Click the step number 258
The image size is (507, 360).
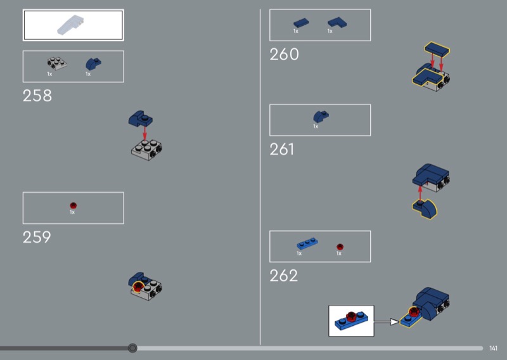point(37,96)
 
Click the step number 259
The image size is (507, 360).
point(37,237)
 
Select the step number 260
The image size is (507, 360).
point(284,55)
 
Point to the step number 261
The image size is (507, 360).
point(282,149)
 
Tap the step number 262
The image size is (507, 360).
point(283,276)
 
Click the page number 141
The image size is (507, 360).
point(493,348)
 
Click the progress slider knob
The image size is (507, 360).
point(132,348)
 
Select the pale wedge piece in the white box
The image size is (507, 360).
point(70,25)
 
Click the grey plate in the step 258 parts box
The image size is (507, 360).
point(57,63)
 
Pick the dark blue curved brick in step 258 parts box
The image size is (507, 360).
point(93,64)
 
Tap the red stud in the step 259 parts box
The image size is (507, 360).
point(74,205)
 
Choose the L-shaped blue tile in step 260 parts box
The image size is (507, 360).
point(337,23)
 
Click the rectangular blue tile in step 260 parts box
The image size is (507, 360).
point(301,23)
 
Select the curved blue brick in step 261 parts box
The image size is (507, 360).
point(321,117)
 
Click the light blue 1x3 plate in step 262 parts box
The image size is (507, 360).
point(307,243)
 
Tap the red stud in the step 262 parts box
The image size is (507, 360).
point(340,247)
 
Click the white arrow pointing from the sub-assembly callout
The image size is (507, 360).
point(387,321)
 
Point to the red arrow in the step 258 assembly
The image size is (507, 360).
point(144,133)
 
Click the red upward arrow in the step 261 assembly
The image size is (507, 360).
point(420,193)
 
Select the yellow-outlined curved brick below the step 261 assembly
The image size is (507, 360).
point(425,209)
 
